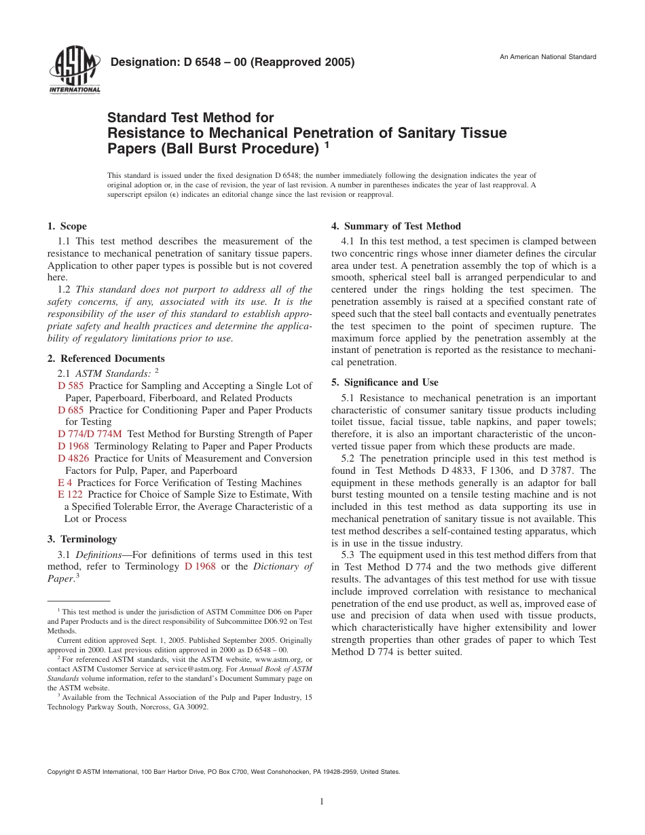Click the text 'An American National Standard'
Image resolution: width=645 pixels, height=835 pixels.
tap(548, 57)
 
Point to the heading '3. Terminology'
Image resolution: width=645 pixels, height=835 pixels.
tap(82, 539)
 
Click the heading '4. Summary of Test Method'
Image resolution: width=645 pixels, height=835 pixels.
tap(396, 226)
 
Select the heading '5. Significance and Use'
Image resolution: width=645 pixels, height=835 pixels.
tap(384, 382)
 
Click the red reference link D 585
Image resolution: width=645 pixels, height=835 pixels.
tap(71, 386)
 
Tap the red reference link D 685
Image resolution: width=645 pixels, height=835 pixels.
tap(71, 410)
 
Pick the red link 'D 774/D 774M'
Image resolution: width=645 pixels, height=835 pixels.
tap(90, 434)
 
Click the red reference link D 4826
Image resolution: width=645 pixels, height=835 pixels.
tap(74, 459)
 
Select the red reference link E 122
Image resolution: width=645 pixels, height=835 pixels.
tap(71, 495)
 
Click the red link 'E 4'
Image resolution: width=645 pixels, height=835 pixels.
tap(65, 483)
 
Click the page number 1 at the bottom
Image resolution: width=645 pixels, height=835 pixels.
tap(322, 802)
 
